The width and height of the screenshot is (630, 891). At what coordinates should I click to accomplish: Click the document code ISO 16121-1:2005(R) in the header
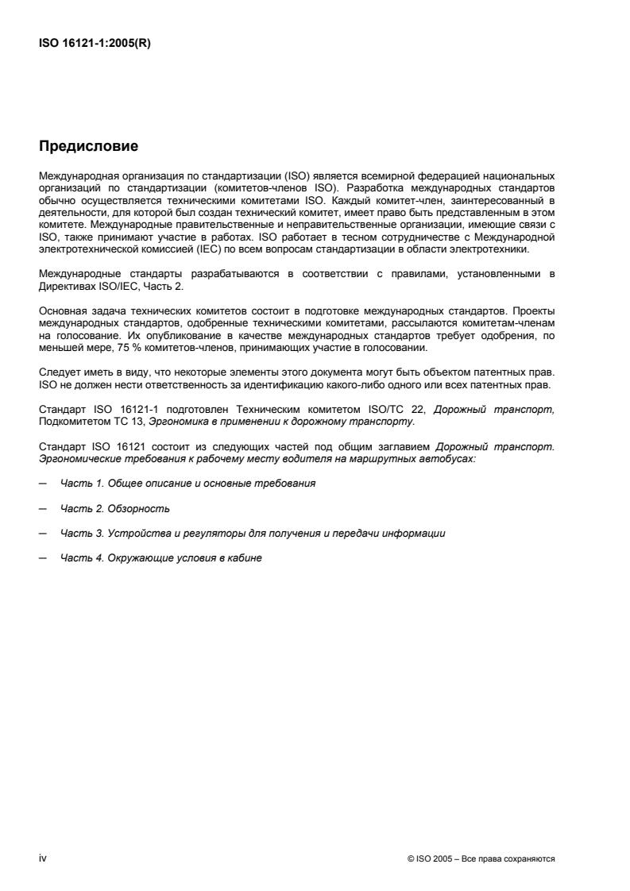point(95,44)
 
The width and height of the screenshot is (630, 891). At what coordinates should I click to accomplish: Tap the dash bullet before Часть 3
point(41,533)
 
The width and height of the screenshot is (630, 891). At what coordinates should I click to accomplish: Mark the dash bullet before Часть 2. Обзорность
point(41,507)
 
